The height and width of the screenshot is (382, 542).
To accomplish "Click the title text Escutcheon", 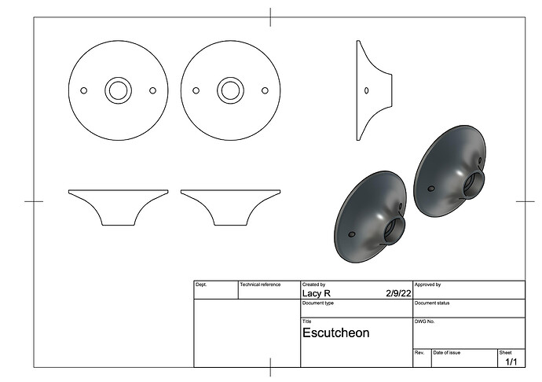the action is tap(335, 332).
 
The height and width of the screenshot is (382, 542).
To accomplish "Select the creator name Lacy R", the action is tap(317, 293).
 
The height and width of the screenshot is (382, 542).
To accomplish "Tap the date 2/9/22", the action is tap(398, 293).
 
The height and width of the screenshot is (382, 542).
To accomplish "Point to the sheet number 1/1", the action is tap(511, 362).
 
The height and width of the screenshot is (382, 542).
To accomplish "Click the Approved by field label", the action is tap(427, 285).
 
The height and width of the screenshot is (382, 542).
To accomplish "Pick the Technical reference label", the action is tap(260, 285).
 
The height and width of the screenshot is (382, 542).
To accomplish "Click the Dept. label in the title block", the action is tap(201, 285).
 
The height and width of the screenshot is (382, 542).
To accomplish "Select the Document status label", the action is tap(432, 303).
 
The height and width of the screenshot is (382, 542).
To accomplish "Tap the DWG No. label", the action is tap(424, 321).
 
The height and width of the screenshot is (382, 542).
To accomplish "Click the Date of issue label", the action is tap(447, 353).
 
